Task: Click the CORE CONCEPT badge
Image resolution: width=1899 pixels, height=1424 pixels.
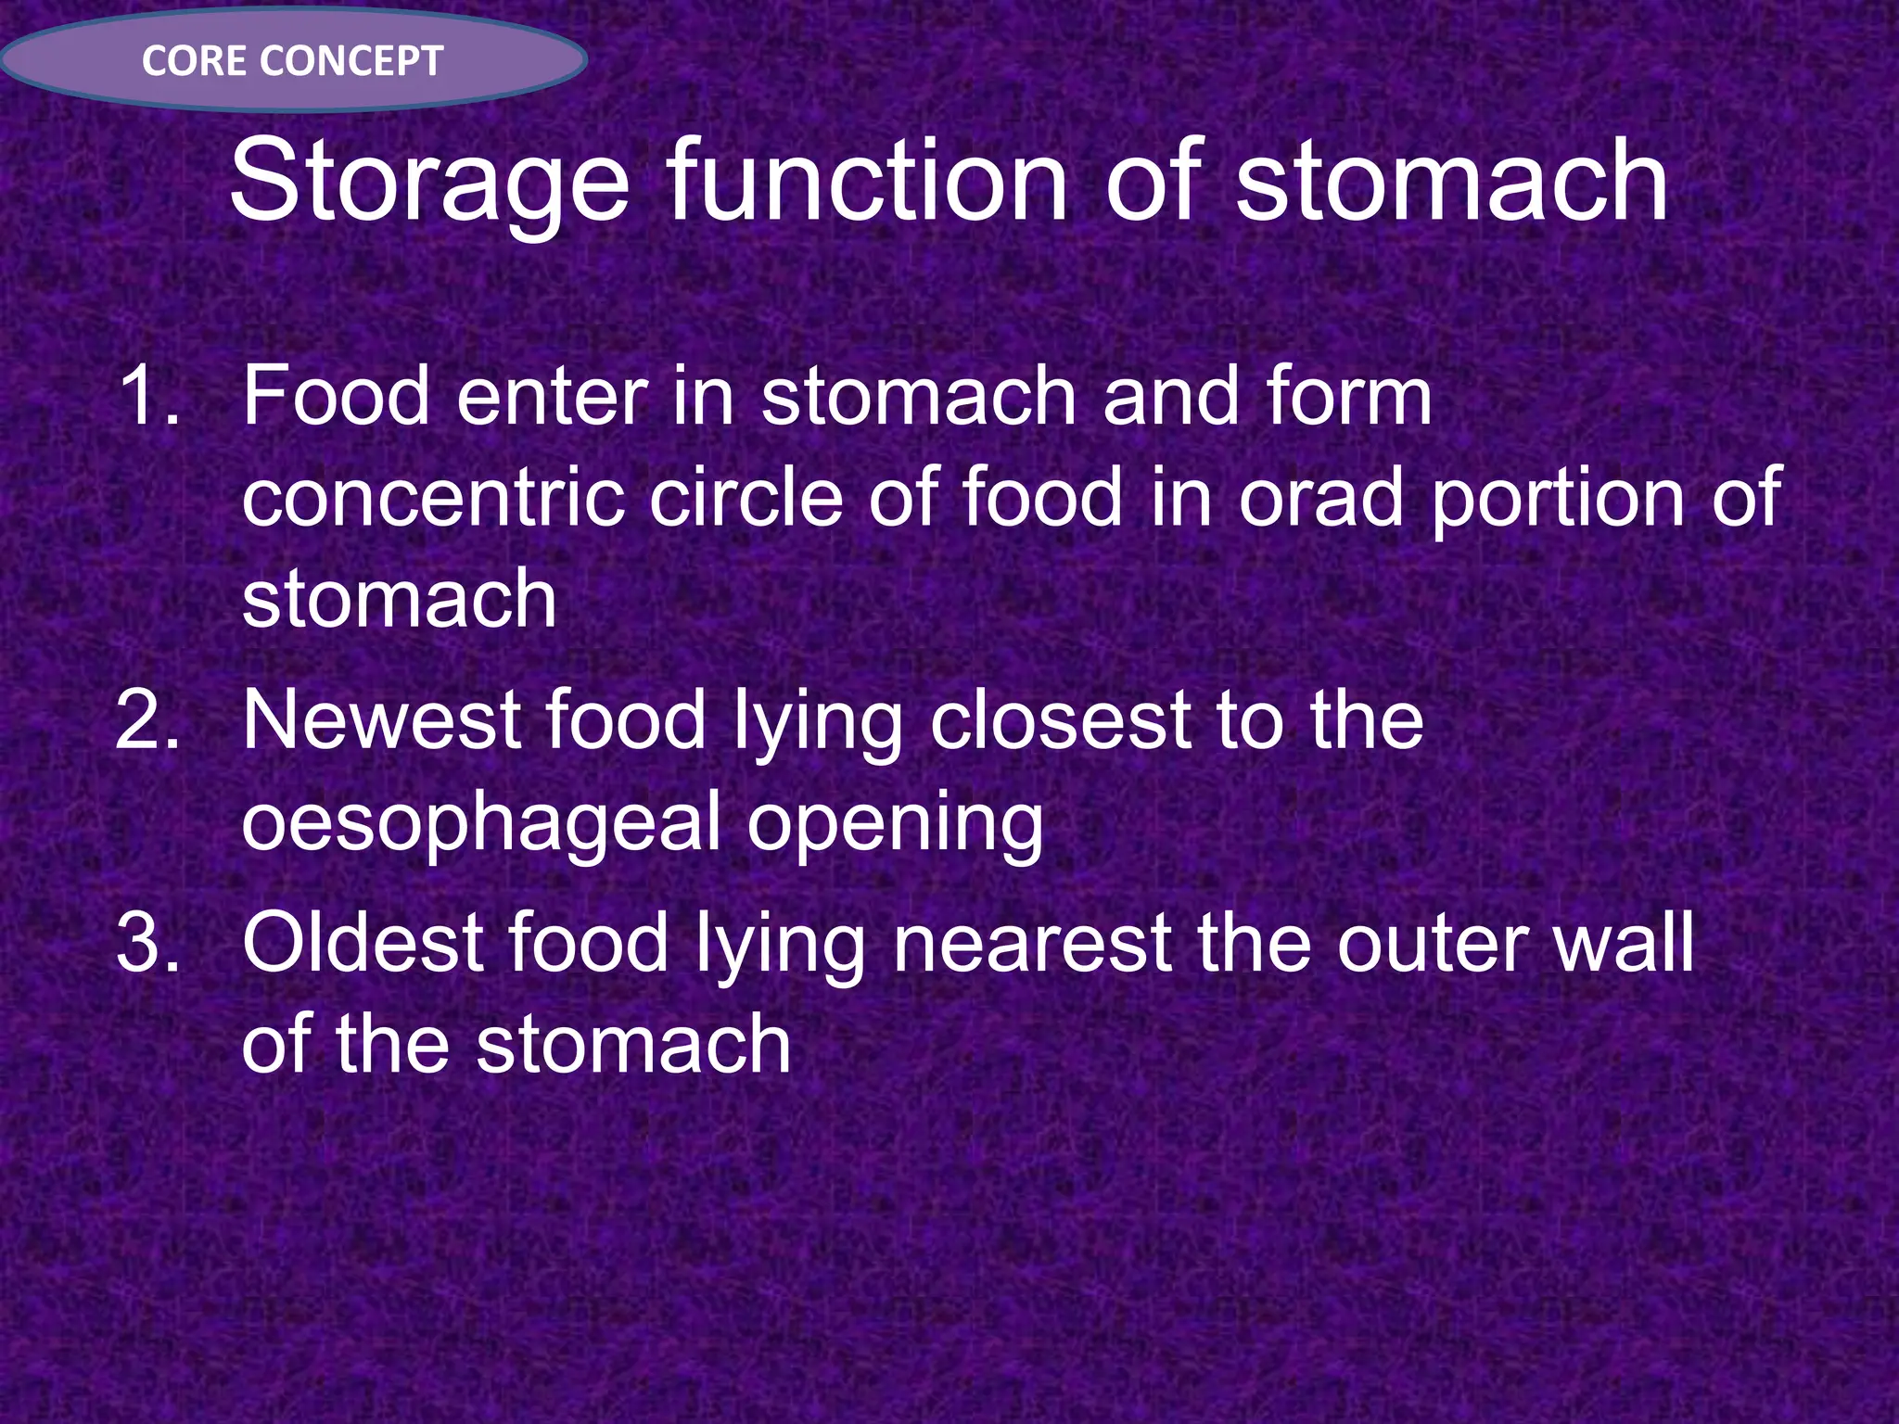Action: pyautogui.click(x=293, y=61)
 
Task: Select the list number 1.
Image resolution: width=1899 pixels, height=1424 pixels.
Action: pyautogui.click(x=148, y=396)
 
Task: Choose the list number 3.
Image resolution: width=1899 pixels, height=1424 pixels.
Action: pyautogui.click(x=148, y=943)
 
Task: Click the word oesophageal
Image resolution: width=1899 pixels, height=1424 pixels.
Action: pyautogui.click(x=481, y=822)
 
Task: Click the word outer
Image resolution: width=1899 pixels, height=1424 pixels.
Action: pyautogui.click(x=1432, y=945)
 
